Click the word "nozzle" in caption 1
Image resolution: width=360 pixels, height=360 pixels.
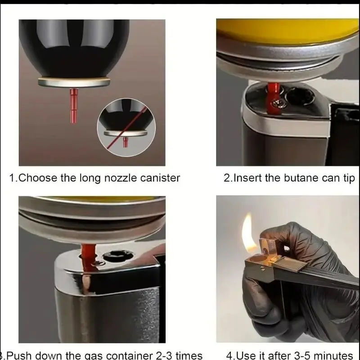coord(120,178)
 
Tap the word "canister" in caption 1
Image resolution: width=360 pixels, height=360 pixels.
coord(160,178)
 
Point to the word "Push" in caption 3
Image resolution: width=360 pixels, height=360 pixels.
coord(19,355)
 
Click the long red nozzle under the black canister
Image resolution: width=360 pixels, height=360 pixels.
coord(74,105)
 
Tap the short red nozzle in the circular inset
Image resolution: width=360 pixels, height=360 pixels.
coord(126,142)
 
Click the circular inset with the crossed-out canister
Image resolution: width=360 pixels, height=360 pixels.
coord(126,127)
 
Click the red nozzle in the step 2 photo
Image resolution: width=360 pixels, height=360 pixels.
coord(273,98)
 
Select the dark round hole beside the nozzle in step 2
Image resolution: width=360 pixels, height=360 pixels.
coord(300,96)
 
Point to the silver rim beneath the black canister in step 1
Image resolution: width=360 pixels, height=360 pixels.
coord(74,82)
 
